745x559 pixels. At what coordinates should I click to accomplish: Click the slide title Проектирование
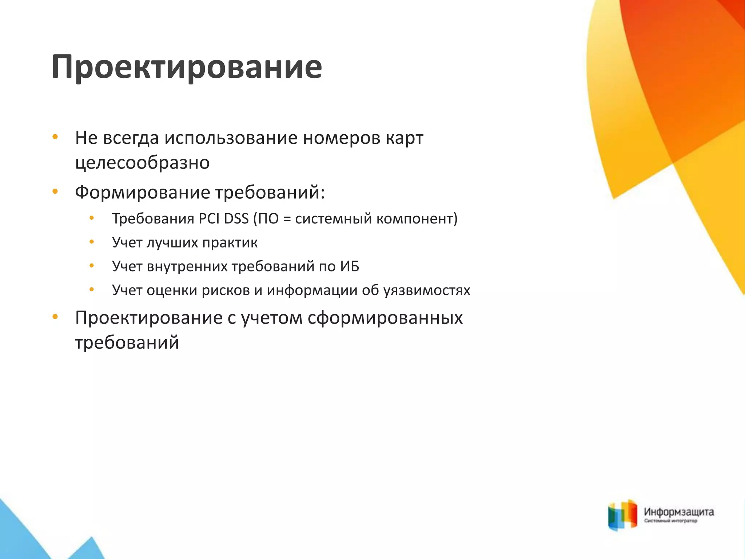[186, 67]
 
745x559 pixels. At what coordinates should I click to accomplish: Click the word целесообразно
[142, 163]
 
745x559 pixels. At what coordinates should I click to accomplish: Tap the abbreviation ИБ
[350, 266]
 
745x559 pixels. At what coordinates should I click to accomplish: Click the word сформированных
[385, 318]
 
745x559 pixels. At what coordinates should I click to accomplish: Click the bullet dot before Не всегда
[55, 137]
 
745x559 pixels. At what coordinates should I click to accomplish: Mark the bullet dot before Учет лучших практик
[92, 242]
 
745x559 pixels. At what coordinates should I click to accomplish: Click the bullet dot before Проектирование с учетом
[55, 317]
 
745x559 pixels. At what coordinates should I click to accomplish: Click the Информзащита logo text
[679, 512]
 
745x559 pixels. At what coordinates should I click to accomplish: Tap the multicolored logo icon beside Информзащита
[622, 515]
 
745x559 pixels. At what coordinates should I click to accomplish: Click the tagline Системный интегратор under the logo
[670, 521]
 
